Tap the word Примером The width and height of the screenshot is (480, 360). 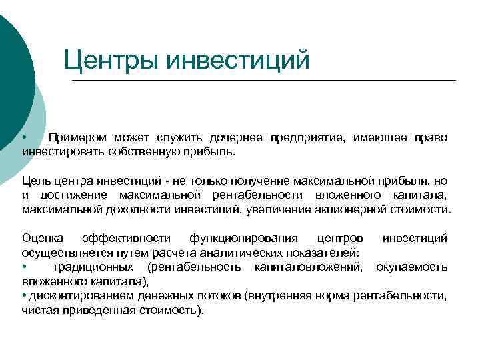pyautogui.click(x=77, y=138)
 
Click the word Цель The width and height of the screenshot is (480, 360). pyautogui.click(x=34, y=181)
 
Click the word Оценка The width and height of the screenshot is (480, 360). pyautogui.click(x=43, y=238)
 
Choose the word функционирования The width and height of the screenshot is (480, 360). pyautogui.click(x=241, y=238)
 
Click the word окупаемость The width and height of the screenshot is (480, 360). pyautogui.click(x=411, y=267)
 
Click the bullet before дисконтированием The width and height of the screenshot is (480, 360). pyautogui.click(x=24, y=295)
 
